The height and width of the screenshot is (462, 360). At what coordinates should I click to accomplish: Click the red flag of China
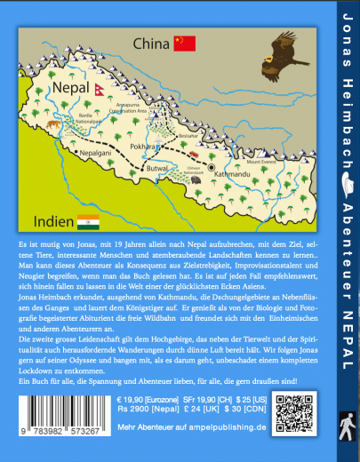pyautogui.click(x=184, y=43)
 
